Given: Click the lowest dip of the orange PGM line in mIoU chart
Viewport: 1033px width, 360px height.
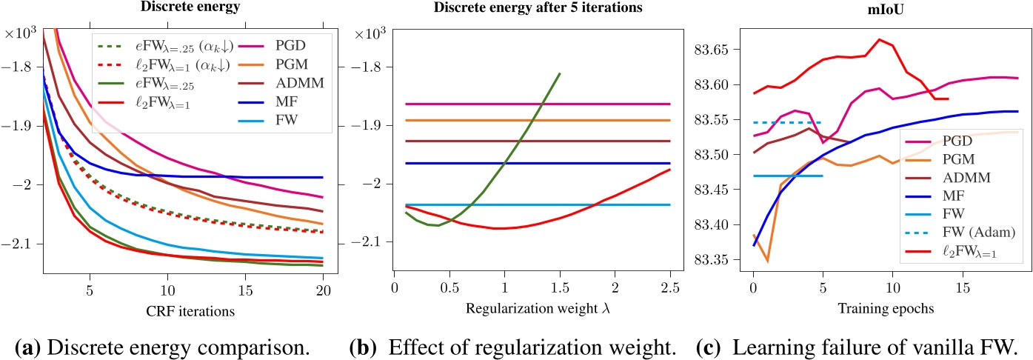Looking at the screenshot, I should [x=767, y=261].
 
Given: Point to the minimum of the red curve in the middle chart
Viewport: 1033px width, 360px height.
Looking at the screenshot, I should [x=503, y=228].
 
